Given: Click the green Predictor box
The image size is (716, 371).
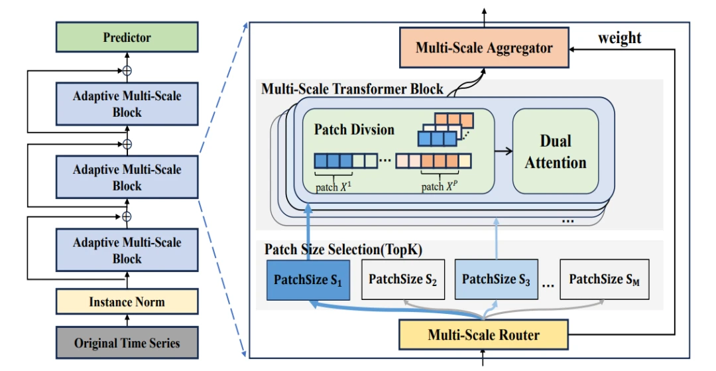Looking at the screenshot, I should (127, 37).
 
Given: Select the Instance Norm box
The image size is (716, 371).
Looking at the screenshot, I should (127, 302).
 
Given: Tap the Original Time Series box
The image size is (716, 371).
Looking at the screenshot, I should (127, 343).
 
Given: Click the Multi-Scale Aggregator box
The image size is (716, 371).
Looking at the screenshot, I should (484, 48).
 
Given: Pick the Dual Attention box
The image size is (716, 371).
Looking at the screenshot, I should (556, 152).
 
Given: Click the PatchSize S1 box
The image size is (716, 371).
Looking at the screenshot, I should (308, 279).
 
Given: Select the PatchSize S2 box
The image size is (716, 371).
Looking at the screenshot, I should (402, 279).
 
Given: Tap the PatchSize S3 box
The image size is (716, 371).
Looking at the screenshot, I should (496, 279).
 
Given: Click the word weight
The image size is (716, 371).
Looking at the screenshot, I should (619, 38).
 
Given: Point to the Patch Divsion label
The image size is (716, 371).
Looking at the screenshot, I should (354, 129).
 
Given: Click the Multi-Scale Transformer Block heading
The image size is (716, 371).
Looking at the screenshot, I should (353, 89).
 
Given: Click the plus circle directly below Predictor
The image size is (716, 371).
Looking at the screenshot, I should (127, 70).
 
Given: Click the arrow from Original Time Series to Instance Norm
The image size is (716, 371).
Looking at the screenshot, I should (127, 321).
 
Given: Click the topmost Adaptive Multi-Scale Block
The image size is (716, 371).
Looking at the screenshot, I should (127, 104).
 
